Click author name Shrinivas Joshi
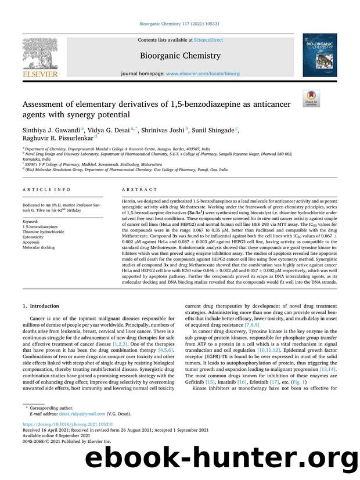click(x=164, y=131)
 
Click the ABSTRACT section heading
click(x=139, y=189)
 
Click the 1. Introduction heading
click(x=40, y=306)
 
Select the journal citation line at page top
click(x=179, y=24)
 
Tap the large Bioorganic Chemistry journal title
click(x=179, y=56)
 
